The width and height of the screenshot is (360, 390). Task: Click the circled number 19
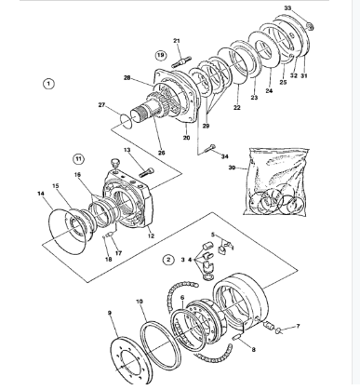point(161,56)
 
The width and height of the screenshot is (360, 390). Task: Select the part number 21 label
point(177,39)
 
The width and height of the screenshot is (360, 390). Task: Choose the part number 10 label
point(140,303)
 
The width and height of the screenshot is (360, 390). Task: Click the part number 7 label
point(298,327)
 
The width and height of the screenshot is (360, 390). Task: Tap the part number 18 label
point(108,258)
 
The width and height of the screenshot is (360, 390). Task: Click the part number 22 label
point(237,109)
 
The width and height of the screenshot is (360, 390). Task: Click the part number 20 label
point(186,137)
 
